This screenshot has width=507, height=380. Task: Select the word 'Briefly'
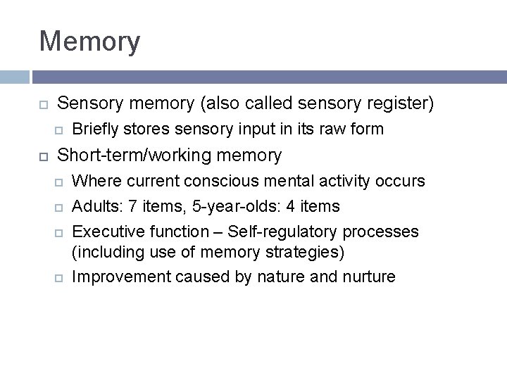coord(96,129)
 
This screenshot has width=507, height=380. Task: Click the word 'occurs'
coord(401,181)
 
